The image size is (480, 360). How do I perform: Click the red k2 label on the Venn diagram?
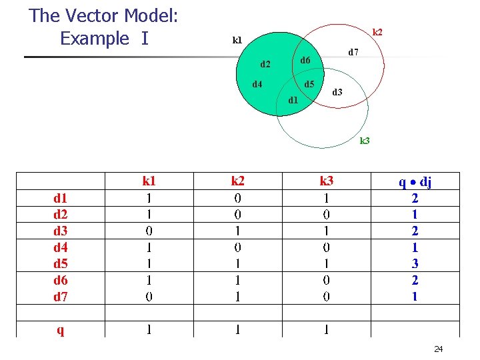point(377,32)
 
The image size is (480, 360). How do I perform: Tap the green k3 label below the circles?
point(365,141)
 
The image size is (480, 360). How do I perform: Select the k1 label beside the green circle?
point(237,40)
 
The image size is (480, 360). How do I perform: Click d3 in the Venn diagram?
point(337,92)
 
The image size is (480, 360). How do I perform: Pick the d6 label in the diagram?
point(305,61)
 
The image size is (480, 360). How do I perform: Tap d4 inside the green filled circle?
point(257,84)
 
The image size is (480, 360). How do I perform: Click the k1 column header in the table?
point(149,181)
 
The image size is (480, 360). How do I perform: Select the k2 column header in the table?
point(237,181)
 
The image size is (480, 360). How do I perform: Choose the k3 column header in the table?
point(326,181)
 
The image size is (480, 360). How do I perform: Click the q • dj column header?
point(415,181)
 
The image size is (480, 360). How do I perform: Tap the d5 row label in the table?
point(61,264)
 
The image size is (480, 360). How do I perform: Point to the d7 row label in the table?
point(61,297)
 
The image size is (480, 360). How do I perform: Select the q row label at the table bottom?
point(61,329)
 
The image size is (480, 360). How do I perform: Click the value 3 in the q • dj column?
point(415,264)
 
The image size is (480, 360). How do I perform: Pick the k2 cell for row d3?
point(237,231)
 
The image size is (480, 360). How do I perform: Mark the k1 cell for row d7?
point(149,297)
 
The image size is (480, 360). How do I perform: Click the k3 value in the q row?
point(326,329)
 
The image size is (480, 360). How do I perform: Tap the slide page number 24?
point(438,349)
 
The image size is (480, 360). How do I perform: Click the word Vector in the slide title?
point(103,15)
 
